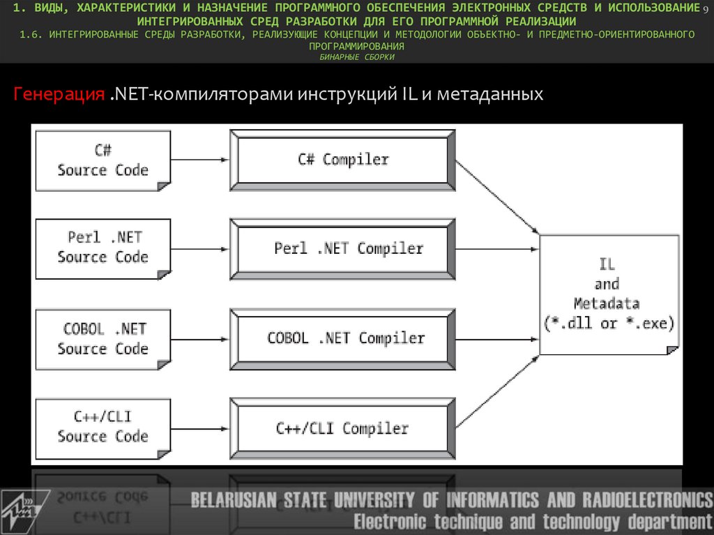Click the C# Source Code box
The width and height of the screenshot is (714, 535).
(x=102, y=161)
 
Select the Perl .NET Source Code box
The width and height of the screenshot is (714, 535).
(x=102, y=248)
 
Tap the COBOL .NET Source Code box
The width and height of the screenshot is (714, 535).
(x=102, y=339)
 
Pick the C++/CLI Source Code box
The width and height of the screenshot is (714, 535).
(x=102, y=427)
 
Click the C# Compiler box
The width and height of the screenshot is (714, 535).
(x=342, y=160)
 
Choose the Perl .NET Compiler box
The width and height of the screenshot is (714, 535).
(x=342, y=249)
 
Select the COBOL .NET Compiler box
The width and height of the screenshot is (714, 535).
(x=342, y=339)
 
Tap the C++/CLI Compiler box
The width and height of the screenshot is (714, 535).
(x=342, y=428)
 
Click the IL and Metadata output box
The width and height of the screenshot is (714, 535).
(x=608, y=294)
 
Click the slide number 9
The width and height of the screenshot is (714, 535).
(x=705, y=7)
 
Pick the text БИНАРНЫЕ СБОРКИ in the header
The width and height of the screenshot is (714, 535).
(x=357, y=57)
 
